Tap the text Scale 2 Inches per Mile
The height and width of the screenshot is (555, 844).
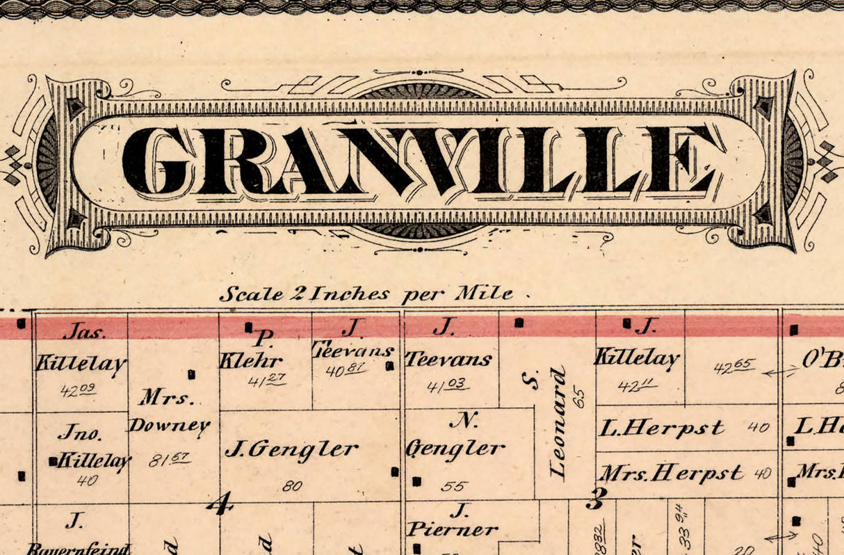click(366, 293)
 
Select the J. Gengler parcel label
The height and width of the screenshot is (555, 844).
click(291, 450)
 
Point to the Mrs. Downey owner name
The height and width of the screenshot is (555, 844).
click(169, 412)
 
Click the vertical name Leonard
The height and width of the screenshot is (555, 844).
click(558, 424)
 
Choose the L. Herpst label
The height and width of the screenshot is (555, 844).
click(662, 428)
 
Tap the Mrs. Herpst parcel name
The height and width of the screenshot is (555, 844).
click(672, 474)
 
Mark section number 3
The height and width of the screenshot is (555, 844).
click(596, 498)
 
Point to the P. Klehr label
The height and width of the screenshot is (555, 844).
click(251, 351)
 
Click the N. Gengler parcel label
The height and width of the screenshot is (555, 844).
click(456, 436)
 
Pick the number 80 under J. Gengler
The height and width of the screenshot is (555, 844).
click(292, 486)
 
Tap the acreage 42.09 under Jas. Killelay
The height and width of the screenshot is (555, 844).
click(78, 390)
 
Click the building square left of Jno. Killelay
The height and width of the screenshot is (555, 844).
click(53, 460)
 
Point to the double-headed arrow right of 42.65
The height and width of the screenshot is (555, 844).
click(780, 373)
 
